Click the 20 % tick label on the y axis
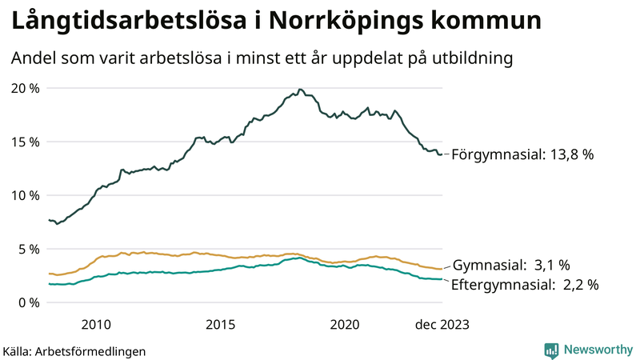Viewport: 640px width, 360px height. (x=25, y=88)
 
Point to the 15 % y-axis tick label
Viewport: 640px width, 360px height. (x=25, y=142)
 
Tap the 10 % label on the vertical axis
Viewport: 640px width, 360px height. (x=25, y=195)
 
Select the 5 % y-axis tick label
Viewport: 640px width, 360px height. (x=29, y=249)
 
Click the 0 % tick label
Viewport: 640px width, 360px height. (x=29, y=302)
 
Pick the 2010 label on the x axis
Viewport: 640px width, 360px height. (x=95, y=324)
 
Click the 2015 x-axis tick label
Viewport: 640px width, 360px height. (x=220, y=324)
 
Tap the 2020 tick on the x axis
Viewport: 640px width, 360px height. (x=345, y=324)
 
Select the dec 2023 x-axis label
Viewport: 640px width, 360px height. (x=442, y=324)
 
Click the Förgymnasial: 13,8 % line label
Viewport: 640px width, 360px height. (x=523, y=155)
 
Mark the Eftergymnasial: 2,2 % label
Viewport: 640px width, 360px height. (x=525, y=284)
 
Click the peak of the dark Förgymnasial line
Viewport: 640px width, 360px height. (x=299, y=89)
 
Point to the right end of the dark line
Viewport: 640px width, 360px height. (x=442, y=154)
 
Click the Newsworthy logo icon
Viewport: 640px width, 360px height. (x=551, y=350)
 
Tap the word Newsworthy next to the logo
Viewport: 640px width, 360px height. (x=597, y=350)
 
